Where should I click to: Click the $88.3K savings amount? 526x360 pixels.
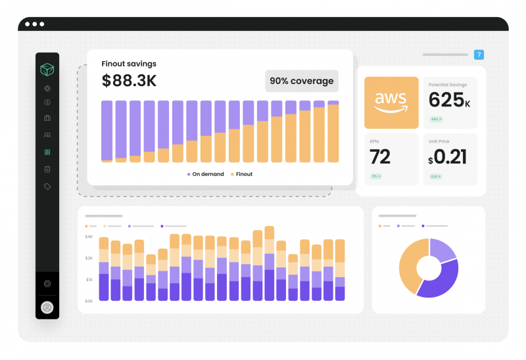[129, 81]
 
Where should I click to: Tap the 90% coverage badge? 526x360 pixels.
[302, 81]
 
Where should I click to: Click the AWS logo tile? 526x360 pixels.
[391, 102]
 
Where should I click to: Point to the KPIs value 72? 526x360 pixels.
[380, 157]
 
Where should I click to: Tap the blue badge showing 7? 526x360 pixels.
[479, 55]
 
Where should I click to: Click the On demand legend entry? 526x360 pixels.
[205, 174]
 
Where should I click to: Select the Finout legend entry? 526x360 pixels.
[241, 174]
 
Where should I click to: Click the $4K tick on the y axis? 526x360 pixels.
[89, 236]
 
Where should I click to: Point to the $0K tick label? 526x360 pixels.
[89, 301]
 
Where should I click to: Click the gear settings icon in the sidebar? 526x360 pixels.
[47, 284]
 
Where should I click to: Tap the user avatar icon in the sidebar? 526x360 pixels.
[47, 307]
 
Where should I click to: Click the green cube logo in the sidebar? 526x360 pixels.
[47, 69]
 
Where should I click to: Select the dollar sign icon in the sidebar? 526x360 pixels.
[47, 102]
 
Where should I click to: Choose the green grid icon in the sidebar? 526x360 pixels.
[47, 152]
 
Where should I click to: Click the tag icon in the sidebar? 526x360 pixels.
[47, 187]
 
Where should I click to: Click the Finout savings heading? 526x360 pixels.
[129, 64]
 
